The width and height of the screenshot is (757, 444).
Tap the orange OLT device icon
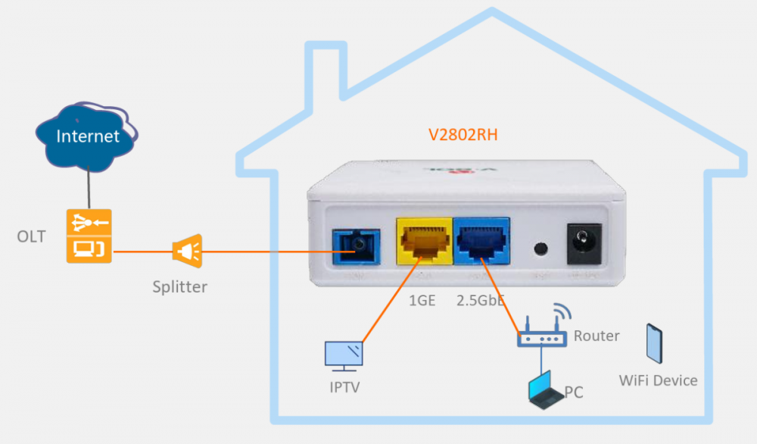[x=89, y=236]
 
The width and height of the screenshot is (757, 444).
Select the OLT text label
[x=31, y=236]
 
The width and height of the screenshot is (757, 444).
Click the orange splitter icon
[x=187, y=250]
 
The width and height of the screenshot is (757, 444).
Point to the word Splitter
[x=179, y=287]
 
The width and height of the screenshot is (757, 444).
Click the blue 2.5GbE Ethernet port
[x=481, y=241]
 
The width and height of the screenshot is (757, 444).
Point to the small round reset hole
[x=540, y=249]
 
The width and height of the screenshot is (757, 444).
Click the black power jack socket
[x=584, y=243]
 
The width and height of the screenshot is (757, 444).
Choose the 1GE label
[x=422, y=300]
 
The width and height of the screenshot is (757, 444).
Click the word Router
[x=597, y=336]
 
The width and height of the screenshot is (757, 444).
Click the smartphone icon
[x=655, y=343]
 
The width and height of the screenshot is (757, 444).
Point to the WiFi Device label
[x=658, y=380]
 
